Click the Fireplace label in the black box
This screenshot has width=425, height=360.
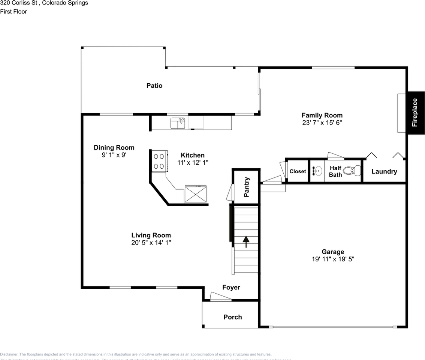click(415, 112)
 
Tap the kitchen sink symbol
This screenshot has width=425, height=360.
click(178, 123)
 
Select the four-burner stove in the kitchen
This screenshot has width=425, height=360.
click(159, 161)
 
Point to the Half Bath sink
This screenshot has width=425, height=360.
click(317, 171)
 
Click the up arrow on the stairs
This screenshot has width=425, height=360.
click(246, 242)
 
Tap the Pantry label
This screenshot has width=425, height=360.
click(247, 187)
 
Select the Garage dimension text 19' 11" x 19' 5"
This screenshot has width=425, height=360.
click(332, 259)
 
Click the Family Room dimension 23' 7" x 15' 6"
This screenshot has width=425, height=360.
click(322, 122)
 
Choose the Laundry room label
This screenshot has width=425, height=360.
click(384, 171)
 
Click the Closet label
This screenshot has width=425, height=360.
click(298, 171)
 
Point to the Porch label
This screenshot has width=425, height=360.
click(233, 317)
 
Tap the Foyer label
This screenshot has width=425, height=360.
click(231, 287)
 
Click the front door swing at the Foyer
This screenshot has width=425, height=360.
click(220, 297)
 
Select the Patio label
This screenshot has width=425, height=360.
click(154, 85)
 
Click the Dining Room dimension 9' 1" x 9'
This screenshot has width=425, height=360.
click(114, 154)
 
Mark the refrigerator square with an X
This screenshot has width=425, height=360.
click(196, 194)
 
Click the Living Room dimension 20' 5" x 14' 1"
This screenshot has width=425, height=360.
click(151, 242)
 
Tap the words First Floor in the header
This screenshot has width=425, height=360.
click(13, 12)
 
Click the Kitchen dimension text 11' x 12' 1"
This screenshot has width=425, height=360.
click(193, 162)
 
